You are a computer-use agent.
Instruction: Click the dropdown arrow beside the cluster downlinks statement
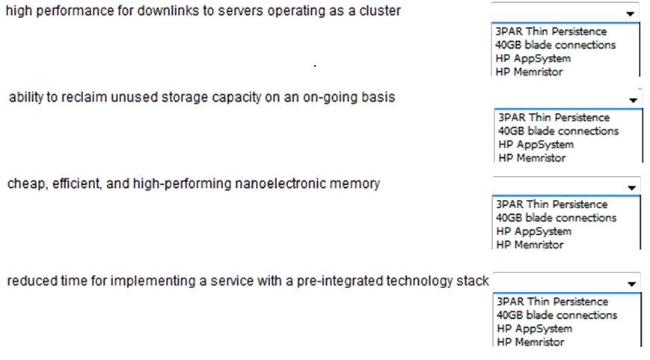point(630,13)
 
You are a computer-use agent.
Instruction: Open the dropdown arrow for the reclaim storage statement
point(633,100)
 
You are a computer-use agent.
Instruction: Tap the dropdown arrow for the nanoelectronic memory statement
point(631,187)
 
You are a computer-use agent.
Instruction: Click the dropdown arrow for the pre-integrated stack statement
point(631,284)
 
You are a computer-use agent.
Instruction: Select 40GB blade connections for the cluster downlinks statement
point(556,45)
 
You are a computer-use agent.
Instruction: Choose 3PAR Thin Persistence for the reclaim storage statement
point(554,118)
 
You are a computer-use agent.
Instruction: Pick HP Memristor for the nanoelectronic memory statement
point(530,245)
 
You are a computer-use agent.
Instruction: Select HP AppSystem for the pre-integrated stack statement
point(534,329)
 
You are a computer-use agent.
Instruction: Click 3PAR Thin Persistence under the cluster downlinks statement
point(551,31)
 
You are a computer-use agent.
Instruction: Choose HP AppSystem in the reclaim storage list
point(536,144)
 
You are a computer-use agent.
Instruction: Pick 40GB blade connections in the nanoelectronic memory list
point(557,218)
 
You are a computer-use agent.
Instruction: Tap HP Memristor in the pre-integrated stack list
point(530,342)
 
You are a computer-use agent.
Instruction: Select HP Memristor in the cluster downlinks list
point(529,72)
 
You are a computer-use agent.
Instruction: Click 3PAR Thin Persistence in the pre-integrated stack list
point(553,302)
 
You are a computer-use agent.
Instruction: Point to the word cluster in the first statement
point(380,10)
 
